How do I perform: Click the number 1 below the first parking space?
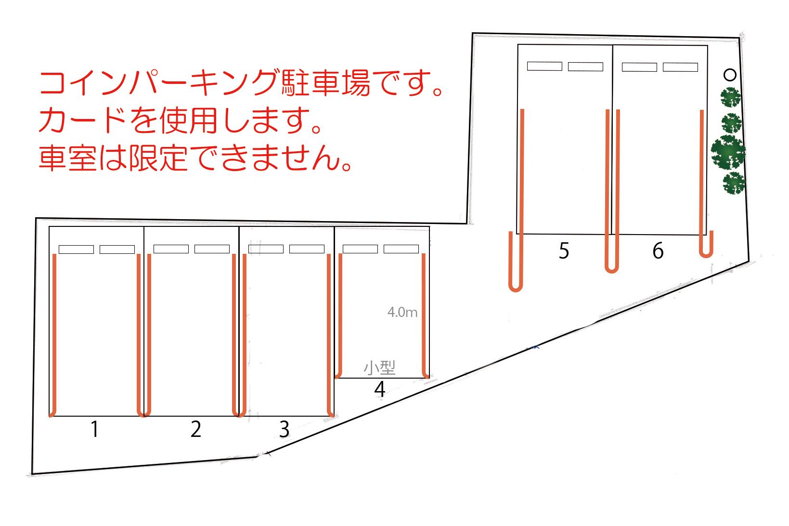(94, 429)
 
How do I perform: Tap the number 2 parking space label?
(196, 429)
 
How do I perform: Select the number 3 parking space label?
(284, 429)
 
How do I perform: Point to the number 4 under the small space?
(379, 389)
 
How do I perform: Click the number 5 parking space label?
(564, 250)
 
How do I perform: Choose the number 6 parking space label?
(658, 250)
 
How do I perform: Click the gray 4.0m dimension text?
(402, 312)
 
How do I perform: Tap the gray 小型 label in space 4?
(379, 368)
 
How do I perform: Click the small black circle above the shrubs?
(730, 75)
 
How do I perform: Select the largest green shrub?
(728, 152)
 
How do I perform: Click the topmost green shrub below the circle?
(731, 97)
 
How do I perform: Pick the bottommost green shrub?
(734, 183)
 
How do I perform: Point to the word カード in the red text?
(82, 120)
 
